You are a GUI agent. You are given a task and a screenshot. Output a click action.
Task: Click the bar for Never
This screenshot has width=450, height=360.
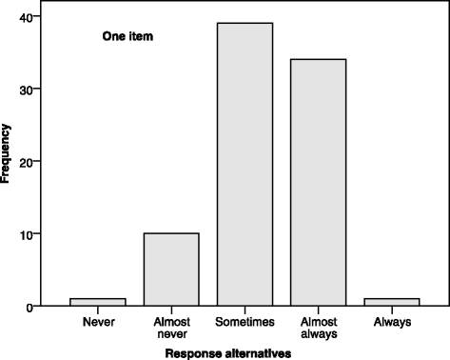tap(97, 302)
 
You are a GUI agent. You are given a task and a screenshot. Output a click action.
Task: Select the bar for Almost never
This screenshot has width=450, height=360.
tap(171, 270)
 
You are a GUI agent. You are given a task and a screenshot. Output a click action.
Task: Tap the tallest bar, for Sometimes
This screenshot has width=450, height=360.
tap(245, 164)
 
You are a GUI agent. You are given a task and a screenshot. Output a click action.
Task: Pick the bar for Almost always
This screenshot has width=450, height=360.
tap(319, 182)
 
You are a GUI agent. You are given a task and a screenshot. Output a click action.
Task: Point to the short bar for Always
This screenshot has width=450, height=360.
tap(392, 302)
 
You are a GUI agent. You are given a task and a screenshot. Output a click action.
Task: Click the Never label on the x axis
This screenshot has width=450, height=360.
tap(97, 322)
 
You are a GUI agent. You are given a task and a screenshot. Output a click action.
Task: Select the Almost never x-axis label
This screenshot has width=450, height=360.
tap(171, 329)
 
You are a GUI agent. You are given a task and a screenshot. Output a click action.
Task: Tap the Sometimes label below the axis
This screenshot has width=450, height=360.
tap(245, 322)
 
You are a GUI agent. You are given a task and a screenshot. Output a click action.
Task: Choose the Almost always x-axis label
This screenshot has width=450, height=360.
tap(319, 329)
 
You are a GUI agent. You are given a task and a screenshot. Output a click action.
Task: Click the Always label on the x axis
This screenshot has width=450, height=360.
tap(392, 322)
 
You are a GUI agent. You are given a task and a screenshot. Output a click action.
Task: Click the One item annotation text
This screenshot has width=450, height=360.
tap(127, 37)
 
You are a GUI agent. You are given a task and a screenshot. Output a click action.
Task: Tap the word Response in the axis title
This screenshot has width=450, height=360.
tap(193, 352)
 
